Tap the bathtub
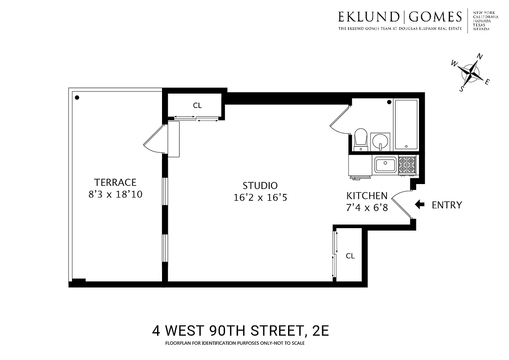[x=406, y=125]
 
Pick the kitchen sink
[x=385, y=165]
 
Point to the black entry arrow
[x=419, y=205]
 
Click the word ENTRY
[x=446, y=205]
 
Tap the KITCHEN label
[x=367, y=196]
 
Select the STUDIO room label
[x=260, y=185]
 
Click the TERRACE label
[x=115, y=182]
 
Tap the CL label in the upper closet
[x=197, y=106]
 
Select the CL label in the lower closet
[x=350, y=256]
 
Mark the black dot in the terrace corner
[x=77, y=97]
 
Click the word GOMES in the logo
[x=435, y=17]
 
